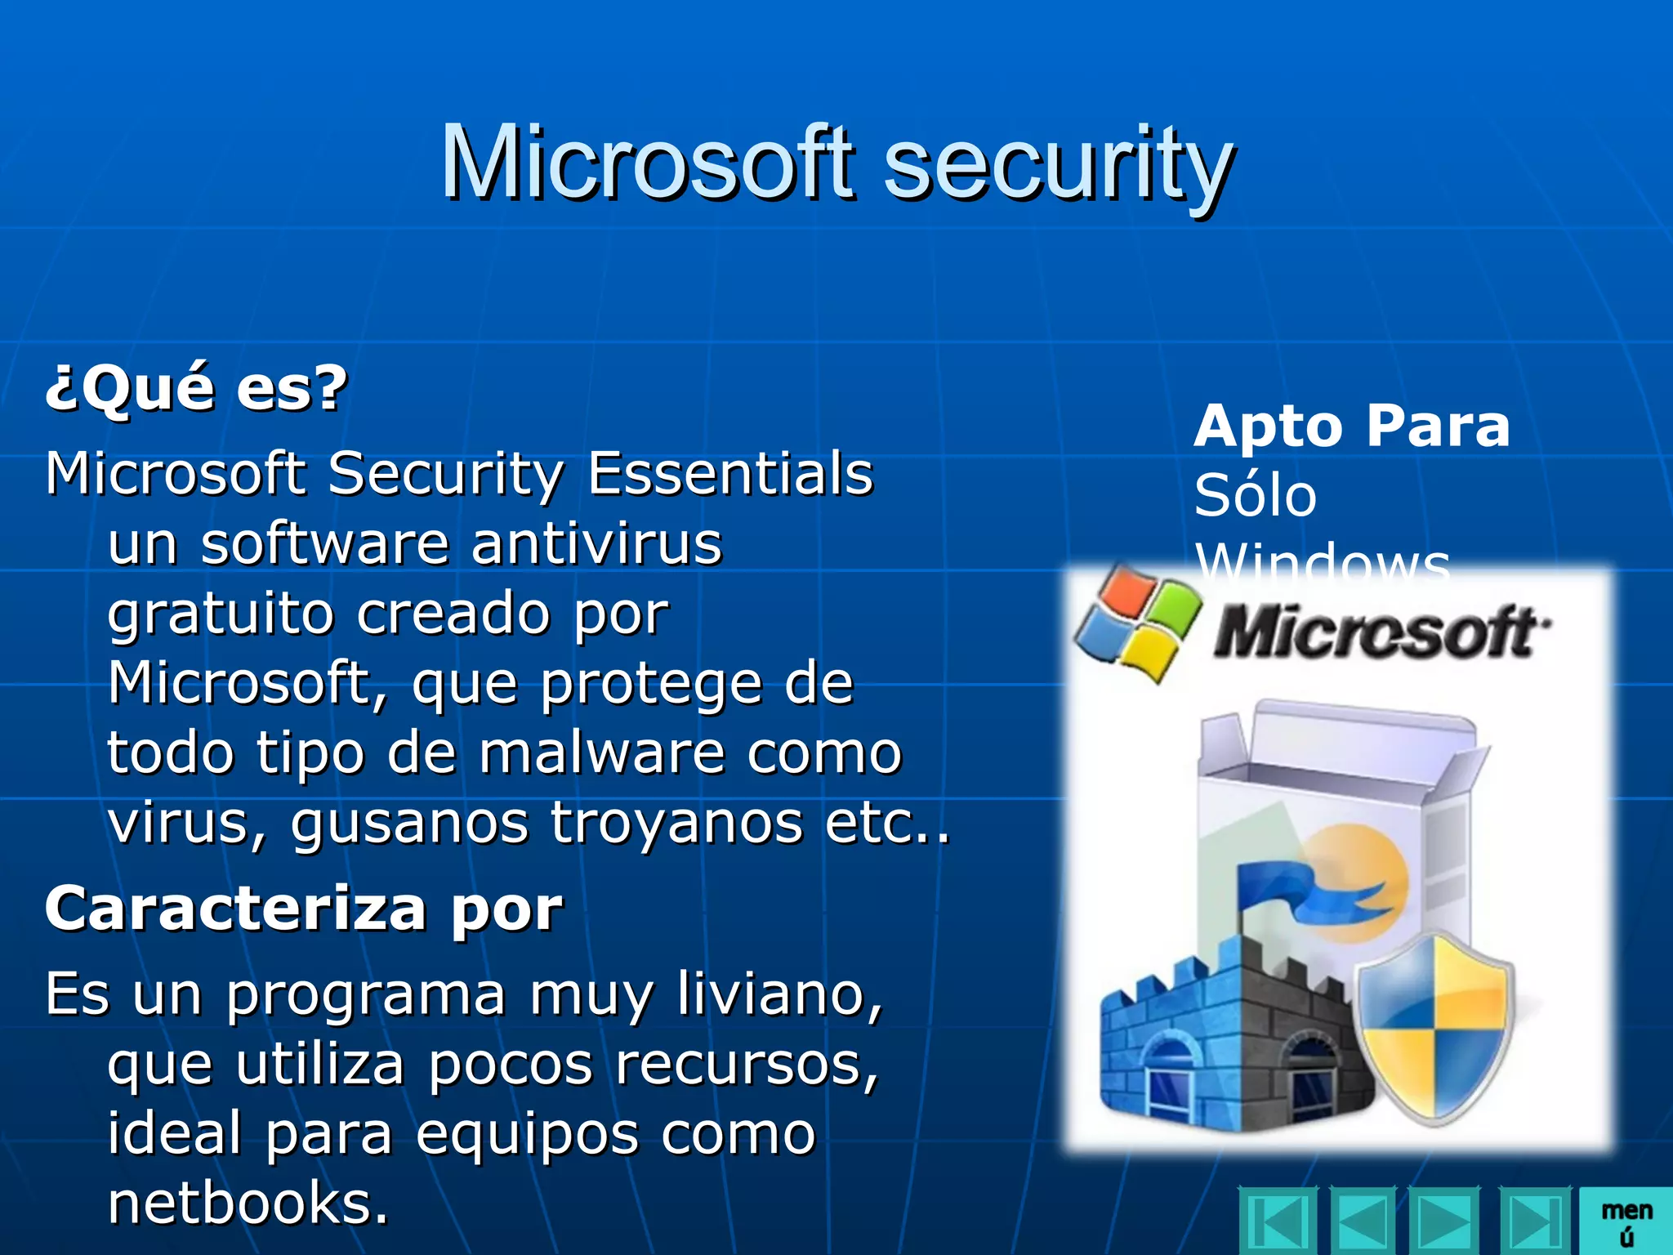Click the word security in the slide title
pos(1059,165)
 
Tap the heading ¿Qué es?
pos(196,388)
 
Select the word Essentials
pos(730,474)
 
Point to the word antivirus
pos(597,544)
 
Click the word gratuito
pos(221,614)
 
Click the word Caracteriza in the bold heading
pos(235,909)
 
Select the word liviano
pos(780,995)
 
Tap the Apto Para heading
pos(1352,427)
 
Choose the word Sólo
pos(1256,496)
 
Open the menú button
pos(1626,1222)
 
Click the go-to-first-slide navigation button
pos(1278,1222)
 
